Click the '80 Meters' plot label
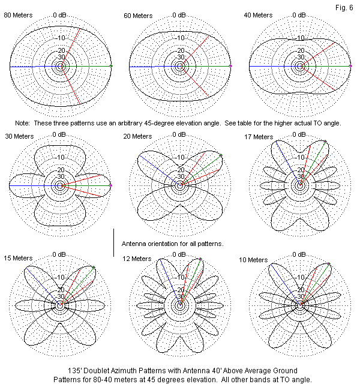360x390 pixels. [19, 15]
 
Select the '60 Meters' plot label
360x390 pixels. [138, 15]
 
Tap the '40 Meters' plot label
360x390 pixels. [257, 15]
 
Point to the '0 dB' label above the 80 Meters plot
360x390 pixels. [60, 14]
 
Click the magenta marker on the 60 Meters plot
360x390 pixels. [231, 65]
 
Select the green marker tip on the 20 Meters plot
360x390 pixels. [221, 155]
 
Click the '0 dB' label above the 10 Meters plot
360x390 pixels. [299, 255]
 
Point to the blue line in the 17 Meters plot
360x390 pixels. [287, 163]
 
